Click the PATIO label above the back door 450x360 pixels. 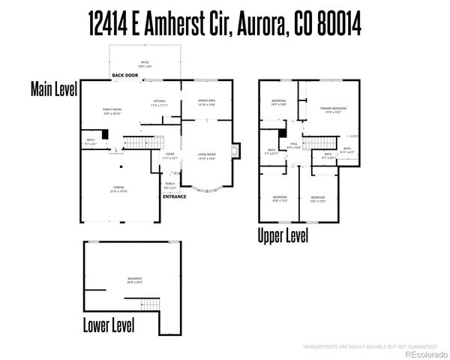144,63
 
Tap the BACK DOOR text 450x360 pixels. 125,76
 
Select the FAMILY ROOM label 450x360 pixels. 112,111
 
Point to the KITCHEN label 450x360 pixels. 159,103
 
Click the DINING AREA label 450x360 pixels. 207,102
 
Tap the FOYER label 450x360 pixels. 170,156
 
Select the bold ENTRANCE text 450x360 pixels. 175,196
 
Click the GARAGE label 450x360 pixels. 118,189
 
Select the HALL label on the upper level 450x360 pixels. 294,145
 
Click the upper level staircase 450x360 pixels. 320,143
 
